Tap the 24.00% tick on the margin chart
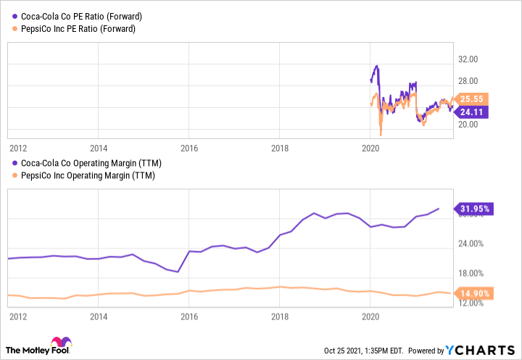click(471, 243)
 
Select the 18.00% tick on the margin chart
click(471, 273)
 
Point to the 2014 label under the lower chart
click(99, 316)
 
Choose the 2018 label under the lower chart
click(280, 316)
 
